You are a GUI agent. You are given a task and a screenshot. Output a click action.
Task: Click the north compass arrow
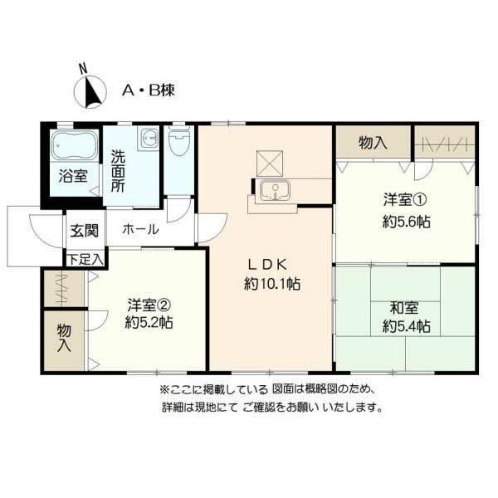pyautogui.click(x=90, y=90)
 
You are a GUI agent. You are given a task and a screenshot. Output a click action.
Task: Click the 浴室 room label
pyautogui.click(x=73, y=175)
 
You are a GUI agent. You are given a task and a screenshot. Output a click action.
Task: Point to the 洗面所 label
pyautogui.click(x=119, y=170)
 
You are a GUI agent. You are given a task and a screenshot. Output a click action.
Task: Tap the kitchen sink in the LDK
pyautogui.click(x=271, y=191)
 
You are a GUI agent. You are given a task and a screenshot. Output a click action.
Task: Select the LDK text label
pyautogui.click(x=267, y=265)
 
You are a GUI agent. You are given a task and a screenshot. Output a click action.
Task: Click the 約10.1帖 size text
pyautogui.click(x=271, y=284)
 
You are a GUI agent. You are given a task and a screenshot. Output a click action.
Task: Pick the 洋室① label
pyautogui.click(x=405, y=200)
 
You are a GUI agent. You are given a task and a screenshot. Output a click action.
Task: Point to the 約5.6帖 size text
pyautogui.click(x=406, y=222)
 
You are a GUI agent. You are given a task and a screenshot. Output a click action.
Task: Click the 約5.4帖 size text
pyautogui.click(x=406, y=326)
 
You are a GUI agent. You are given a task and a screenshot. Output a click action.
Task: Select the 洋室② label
pyautogui.click(x=149, y=303)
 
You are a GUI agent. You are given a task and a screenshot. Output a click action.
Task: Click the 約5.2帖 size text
pyautogui.click(x=149, y=323)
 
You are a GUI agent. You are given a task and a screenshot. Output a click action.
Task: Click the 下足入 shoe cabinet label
pyautogui.click(x=85, y=259)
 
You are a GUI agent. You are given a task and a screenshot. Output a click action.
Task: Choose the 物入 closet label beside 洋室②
pyautogui.click(x=64, y=339)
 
